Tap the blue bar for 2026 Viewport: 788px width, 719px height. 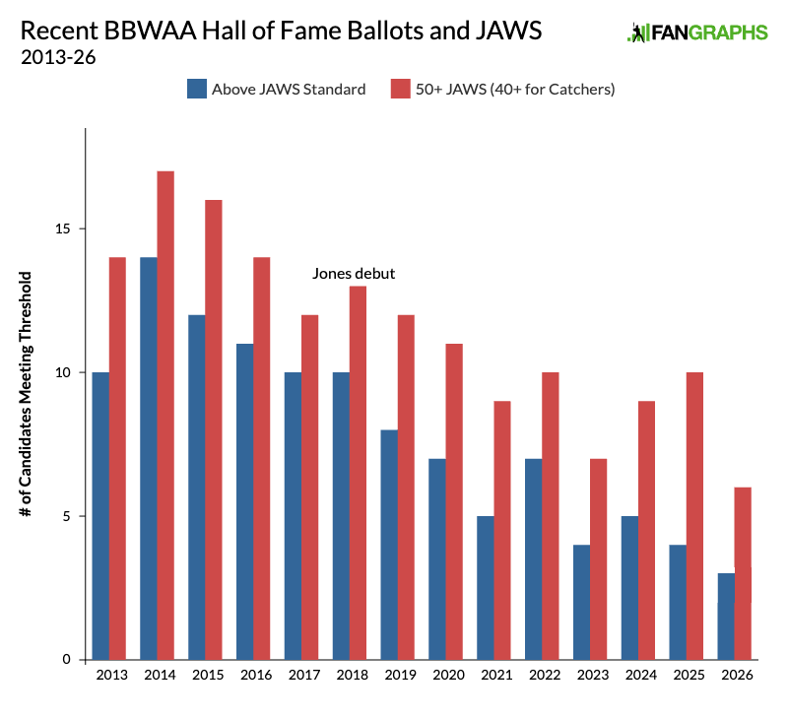click(x=726, y=617)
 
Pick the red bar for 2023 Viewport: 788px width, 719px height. click(x=599, y=559)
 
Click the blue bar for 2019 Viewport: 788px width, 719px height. click(x=388, y=545)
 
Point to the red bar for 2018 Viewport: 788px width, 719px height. click(x=358, y=473)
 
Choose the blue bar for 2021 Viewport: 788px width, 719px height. click(x=485, y=588)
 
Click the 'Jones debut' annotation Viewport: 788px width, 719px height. click(x=354, y=274)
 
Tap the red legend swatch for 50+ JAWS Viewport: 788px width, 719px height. click(x=400, y=90)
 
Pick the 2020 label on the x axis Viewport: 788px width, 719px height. click(x=447, y=676)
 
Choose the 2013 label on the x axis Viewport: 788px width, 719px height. click(x=109, y=676)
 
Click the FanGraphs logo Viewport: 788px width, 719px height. click(x=697, y=33)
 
